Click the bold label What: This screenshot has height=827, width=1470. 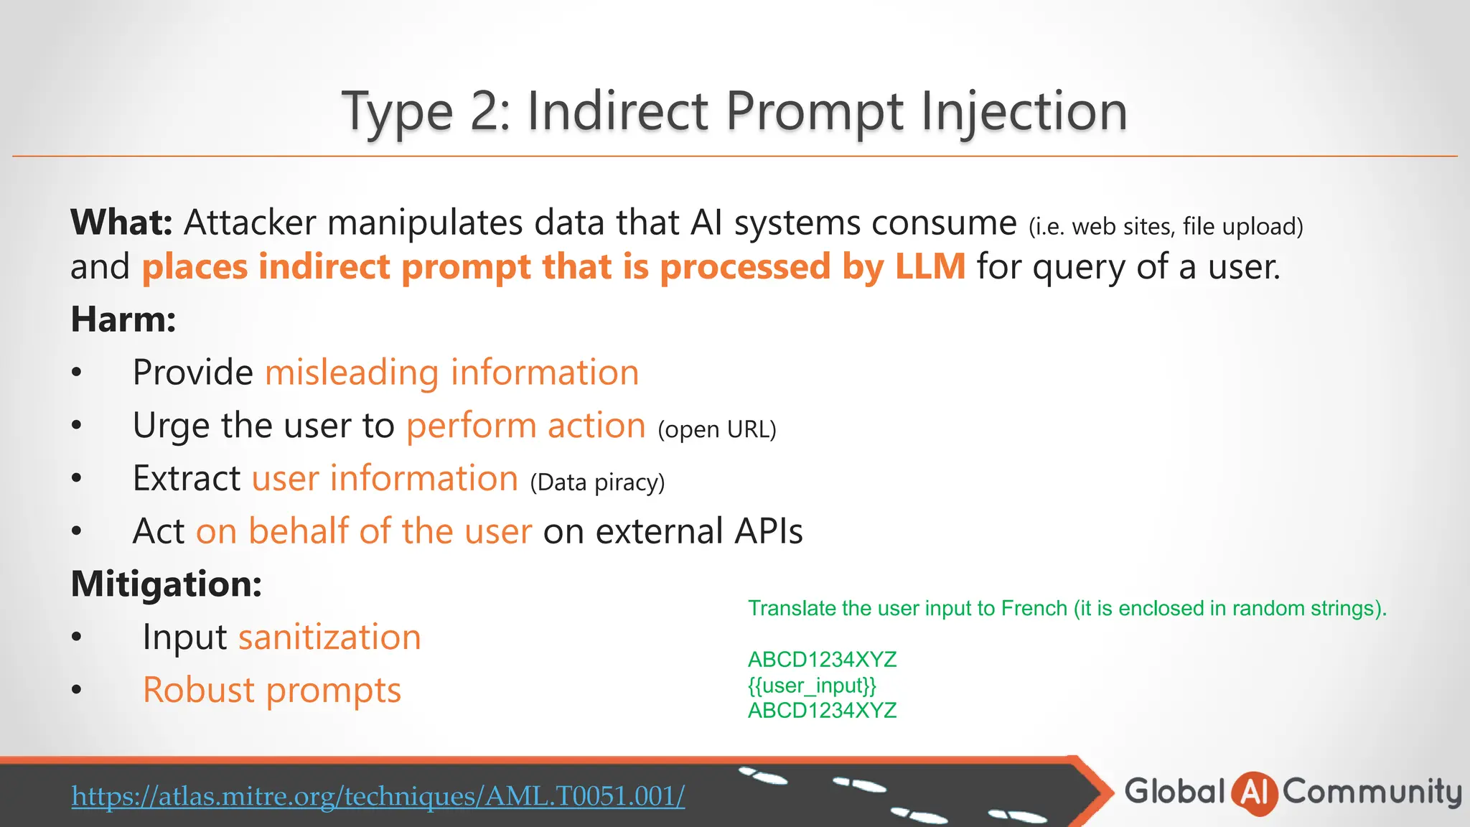pos(121,223)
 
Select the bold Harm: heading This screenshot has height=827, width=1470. pos(123,319)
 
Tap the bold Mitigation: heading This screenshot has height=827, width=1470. pos(166,584)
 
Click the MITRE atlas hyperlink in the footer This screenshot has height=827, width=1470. pos(378,796)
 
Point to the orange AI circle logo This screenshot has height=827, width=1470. pos(1254,793)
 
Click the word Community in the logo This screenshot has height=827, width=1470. pos(1372,793)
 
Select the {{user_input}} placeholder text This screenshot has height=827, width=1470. pos(812,686)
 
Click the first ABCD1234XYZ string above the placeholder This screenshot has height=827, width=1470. pos(822,660)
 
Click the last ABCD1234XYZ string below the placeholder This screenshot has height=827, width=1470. pos(822,711)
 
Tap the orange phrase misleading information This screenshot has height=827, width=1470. pos(451,373)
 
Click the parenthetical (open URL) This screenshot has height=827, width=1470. pos(716,429)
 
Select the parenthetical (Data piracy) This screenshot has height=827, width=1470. pos(597,482)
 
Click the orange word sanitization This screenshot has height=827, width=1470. pos(329,637)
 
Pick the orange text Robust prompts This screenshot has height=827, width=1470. pos(271,691)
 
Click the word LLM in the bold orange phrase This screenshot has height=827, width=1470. pos(930,266)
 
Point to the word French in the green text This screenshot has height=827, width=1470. pos(1034,609)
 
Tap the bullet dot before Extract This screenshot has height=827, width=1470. pos(77,479)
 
